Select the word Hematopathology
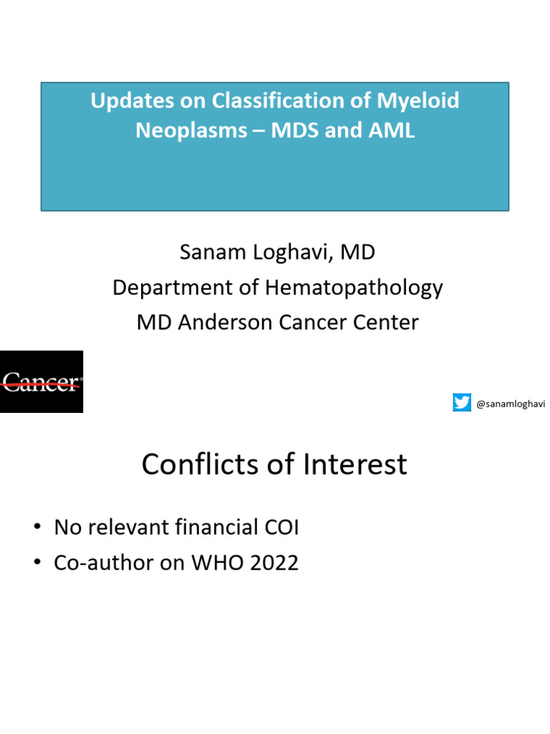point(354,287)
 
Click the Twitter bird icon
point(462,403)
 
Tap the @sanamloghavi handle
point(511,404)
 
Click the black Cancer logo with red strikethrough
point(42,381)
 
